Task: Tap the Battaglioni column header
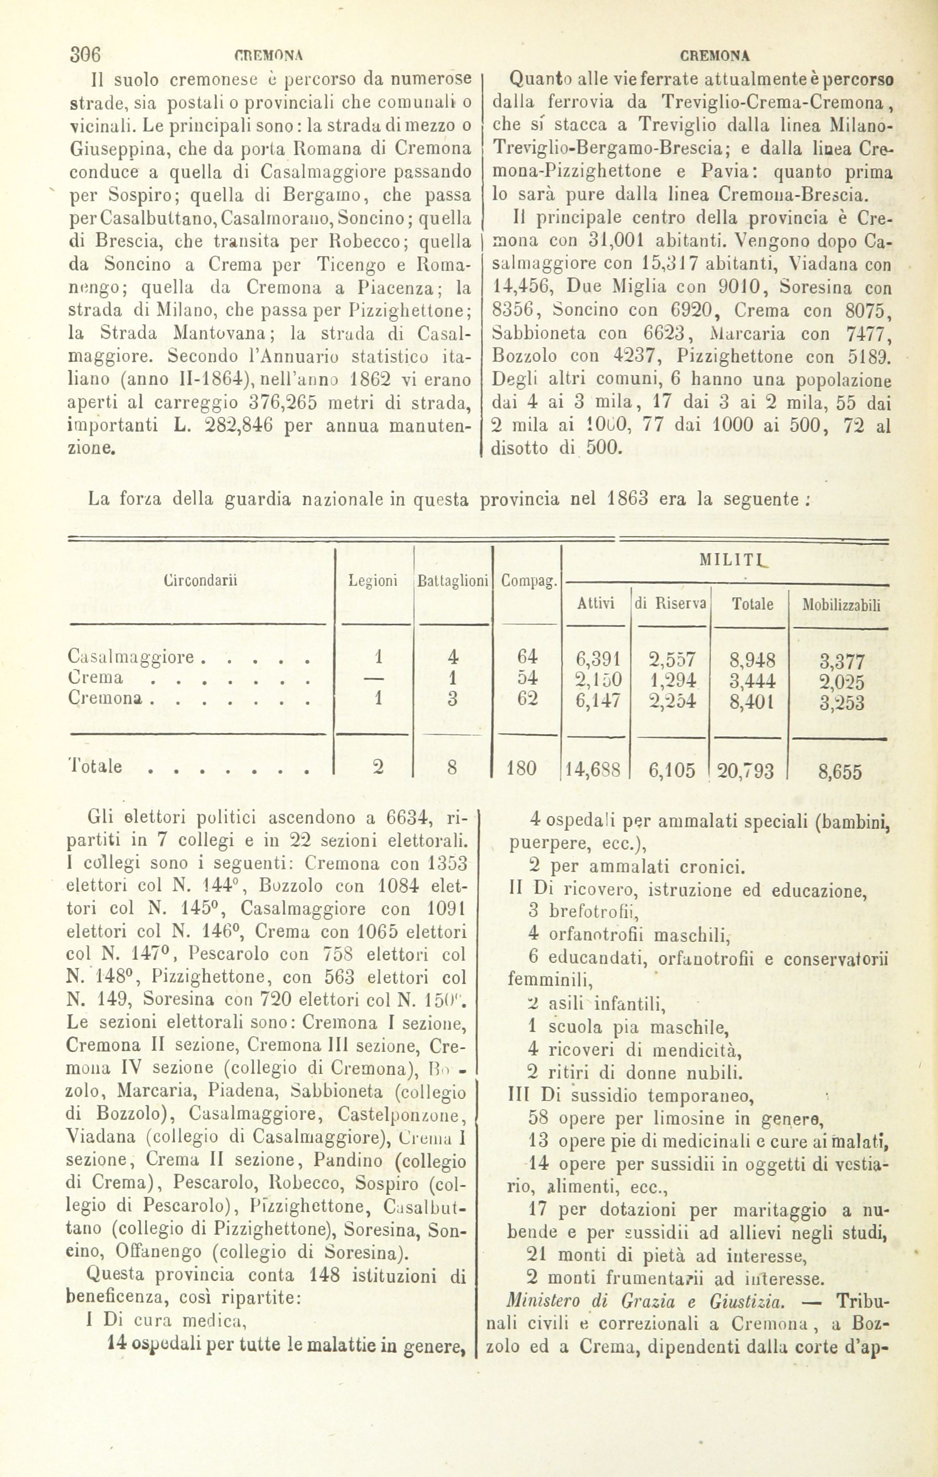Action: click(x=452, y=581)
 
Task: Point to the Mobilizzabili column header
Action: click(x=841, y=605)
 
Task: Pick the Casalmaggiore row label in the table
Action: click(x=132, y=658)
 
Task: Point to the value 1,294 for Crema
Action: click(x=672, y=680)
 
